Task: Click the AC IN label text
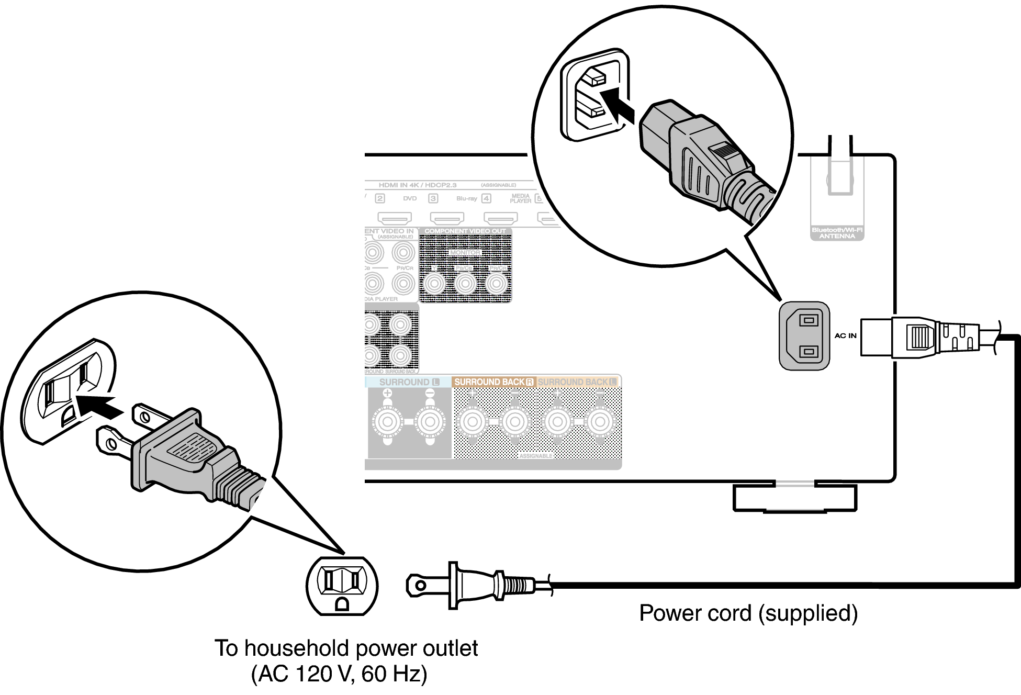[x=845, y=335]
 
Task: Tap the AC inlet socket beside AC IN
[x=804, y=335]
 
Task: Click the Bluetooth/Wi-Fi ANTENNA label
[x=837, y=233]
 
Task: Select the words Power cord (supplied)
[x=748, y=613]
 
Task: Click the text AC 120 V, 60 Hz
[x=339, y=674]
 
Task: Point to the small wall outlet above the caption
[x=342, y=586]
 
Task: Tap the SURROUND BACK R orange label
[x=493, y=382]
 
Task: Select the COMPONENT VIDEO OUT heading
[x=465, y=231]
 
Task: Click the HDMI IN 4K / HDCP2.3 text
[x=418, y=185]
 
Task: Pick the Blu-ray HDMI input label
[x=466, y=198]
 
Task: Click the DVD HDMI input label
[x=410, y=198]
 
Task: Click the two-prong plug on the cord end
[x=471, y=585]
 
